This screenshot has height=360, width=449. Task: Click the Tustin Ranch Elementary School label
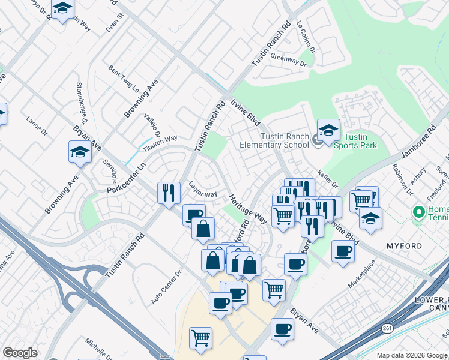click(274, 140)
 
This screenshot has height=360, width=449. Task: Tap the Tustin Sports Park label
click(350, 141)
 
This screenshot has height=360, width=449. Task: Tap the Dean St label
click(114, 23)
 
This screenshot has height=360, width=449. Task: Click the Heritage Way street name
click(247, 208)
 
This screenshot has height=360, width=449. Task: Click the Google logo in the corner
click(20, 353)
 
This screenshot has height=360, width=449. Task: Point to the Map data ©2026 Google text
click(411, 355)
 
